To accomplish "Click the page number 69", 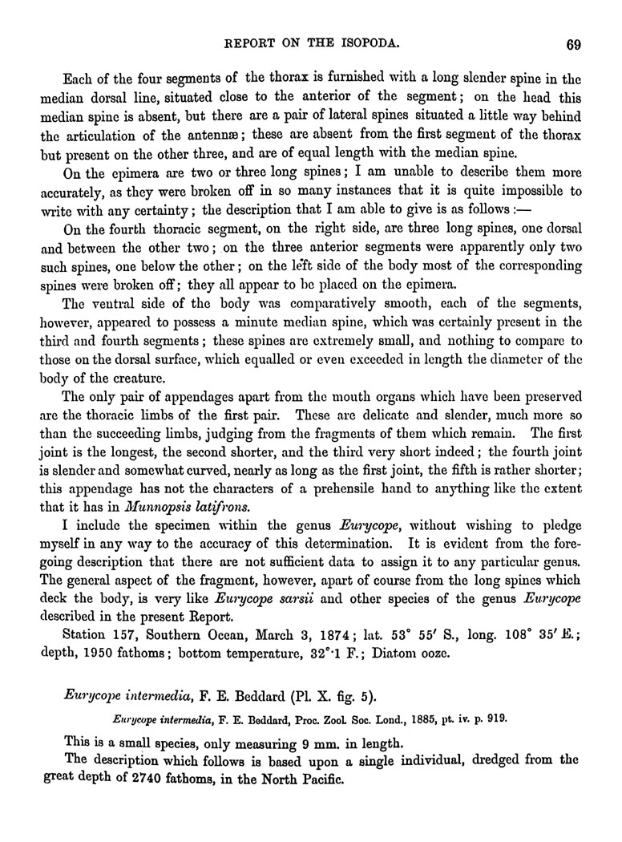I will pos(572,44).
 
